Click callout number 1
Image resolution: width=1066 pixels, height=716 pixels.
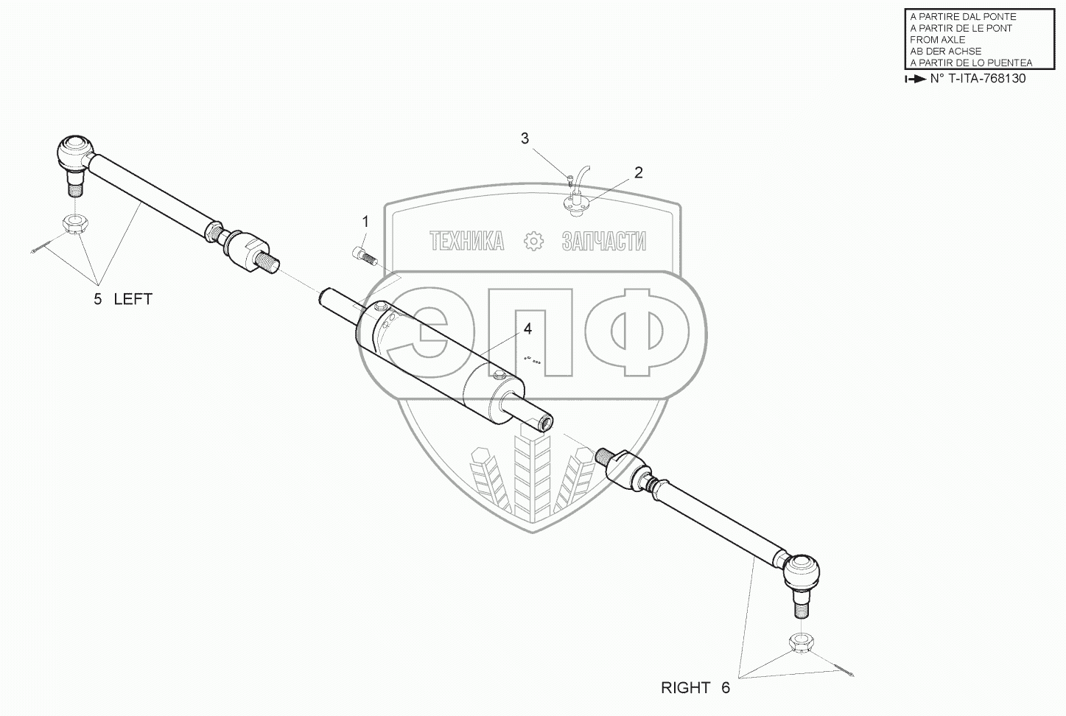coord(365,221)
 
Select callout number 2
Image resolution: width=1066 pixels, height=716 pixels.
coord(638,172)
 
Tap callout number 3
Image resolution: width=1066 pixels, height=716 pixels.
coord(525,138)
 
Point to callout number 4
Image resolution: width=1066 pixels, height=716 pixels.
coord(527,329)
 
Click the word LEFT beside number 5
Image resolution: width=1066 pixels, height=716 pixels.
coord(133,299)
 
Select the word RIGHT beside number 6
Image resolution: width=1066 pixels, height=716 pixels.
coord(686,688)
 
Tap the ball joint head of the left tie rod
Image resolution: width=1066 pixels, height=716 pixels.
coord(74,150)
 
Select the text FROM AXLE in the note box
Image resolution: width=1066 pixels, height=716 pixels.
coord(937,40)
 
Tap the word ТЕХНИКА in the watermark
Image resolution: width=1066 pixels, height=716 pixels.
coord(467,241)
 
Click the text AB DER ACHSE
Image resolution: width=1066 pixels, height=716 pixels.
coord(946,52)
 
